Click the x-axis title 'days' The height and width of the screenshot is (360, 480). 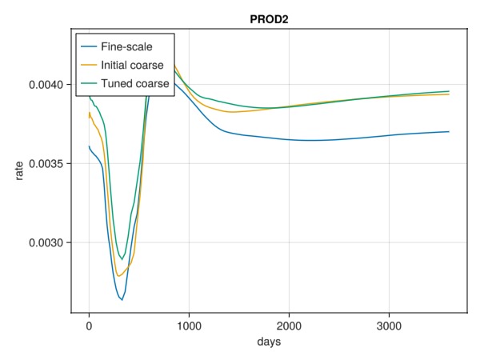click(x=269, y=342)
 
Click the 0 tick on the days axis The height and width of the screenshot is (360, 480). click(x=89, y=326)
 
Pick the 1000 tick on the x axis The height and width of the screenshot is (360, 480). click(x=189, y=326)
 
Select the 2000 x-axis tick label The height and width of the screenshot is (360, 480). click(x=289, y=326)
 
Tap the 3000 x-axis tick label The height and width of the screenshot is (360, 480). click(x=389, y=326)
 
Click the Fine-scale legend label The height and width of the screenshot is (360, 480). click(x=126, y=46)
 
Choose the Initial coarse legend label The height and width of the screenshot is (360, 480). click(x=132, y=65)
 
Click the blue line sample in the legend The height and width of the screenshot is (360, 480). click(x=89, y=46)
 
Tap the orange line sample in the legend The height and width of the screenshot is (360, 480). click(x=89, y=65)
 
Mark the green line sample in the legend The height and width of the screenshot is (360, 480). click(x=89, y=83)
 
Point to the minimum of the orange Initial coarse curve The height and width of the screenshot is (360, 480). click(x=118, y=276)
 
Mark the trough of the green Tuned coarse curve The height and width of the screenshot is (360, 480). click(x=122, y=259)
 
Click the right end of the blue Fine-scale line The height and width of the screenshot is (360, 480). click(x=449, y=131)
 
